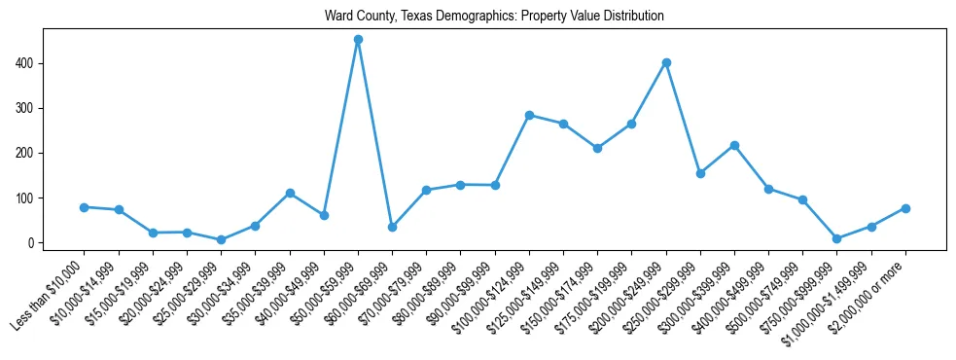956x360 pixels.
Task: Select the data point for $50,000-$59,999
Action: tap(358, 40)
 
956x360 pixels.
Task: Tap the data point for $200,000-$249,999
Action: tap(666, 62)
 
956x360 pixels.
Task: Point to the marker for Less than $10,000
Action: tap(85, 207)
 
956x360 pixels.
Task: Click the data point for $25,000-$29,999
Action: tap(221, 239)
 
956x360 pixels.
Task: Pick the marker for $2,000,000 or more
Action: tap(905, 208)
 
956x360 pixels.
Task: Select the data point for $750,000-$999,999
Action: tap(836, 238)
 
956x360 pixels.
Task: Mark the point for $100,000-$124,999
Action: tap(529, 115)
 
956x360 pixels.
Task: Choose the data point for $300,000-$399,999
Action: tap(734, 146)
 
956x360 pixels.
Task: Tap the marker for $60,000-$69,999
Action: tap(392, 227)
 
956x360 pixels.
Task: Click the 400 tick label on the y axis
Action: tap(29, 63)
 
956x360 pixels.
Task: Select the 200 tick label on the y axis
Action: tap(29, 153)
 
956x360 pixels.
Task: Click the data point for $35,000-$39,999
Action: tap(290, 193)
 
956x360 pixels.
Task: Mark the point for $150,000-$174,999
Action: tap(597, 149)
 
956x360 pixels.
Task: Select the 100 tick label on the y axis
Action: tap(29, 198)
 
